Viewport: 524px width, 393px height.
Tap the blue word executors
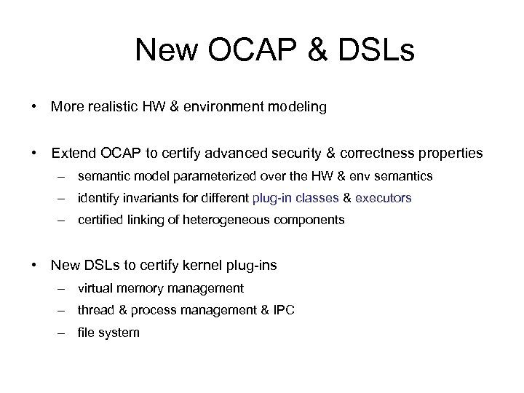coord(383,197)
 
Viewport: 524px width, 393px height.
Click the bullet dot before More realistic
coord(34,108)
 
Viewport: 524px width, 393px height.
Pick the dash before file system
coord(64,333)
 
